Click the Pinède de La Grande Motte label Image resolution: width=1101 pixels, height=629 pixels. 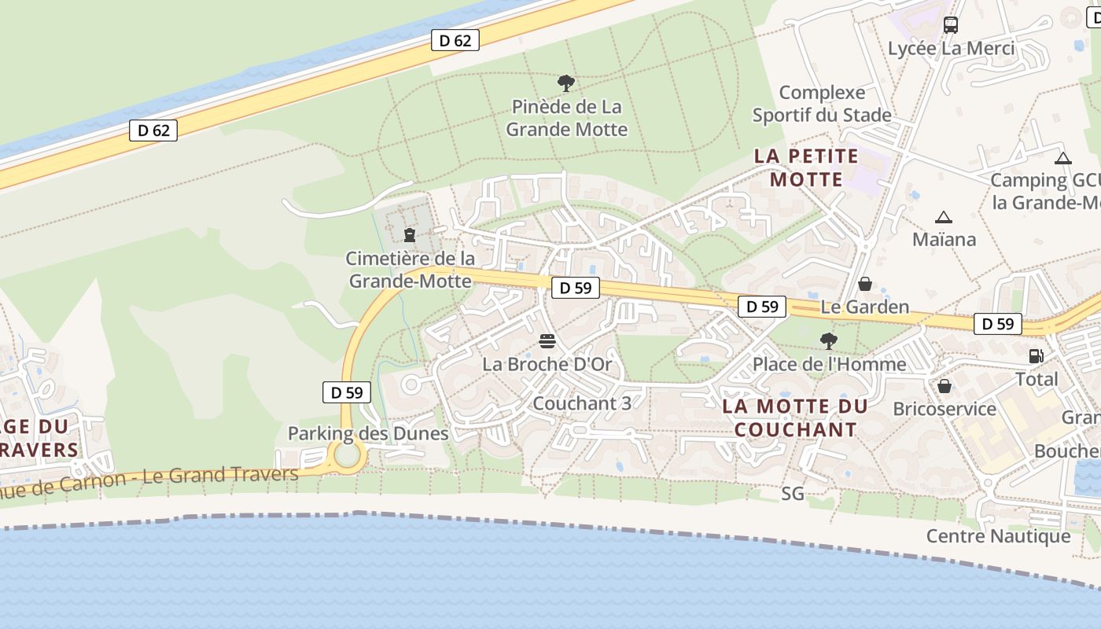pos(566,118)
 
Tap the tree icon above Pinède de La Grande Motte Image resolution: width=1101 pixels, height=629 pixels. pos(565,83)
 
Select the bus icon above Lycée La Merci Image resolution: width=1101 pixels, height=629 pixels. pos(951,25)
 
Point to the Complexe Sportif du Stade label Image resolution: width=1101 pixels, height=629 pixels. pos(822,104)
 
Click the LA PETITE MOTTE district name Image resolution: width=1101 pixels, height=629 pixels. pos(806,167)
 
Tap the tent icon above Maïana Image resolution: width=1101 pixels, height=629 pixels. pos(943,217)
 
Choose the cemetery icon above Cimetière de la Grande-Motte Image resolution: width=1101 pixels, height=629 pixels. pos(409,235)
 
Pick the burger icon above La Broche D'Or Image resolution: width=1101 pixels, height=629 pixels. pos(547,341)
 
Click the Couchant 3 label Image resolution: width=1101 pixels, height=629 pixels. pos(582,403)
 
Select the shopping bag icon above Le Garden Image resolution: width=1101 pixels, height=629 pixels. pos(864,284)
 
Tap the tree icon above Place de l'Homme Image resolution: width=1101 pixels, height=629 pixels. pos(828,341)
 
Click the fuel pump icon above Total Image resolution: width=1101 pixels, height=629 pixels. pos(1036,356)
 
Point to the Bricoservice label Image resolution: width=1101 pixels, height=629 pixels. pos(945,409)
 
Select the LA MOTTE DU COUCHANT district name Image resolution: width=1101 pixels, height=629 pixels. pos(795,418)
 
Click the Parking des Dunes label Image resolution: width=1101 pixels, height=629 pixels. pos(368,433)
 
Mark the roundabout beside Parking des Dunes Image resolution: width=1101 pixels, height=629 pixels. pos(346,454)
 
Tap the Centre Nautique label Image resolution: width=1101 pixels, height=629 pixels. pos(998,536)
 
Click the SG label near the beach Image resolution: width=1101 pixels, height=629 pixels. pos(793,494)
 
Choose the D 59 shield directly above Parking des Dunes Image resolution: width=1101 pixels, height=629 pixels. pos(346,392)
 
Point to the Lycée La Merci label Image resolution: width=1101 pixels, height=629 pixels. pos(951,49)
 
